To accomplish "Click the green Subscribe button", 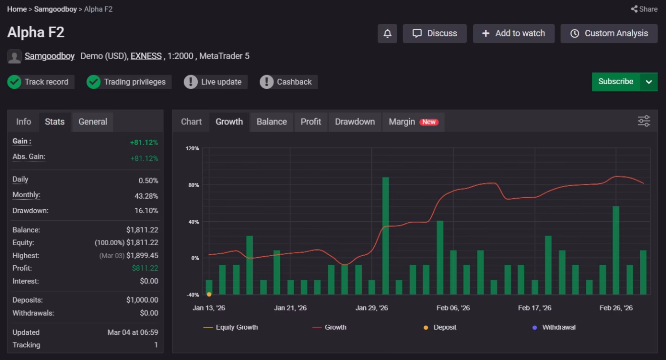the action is [616, 82].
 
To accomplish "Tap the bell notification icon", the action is [387, 34].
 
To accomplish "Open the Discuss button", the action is [434, 34].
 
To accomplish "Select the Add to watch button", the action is [514, 34].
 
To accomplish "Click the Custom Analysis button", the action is [609, 34].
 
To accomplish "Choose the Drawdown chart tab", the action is [355, 122].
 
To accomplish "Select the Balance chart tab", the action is [272, 122].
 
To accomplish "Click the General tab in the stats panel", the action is [93, 122].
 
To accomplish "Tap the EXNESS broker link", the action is [146, 56].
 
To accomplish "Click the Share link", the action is [644, 9].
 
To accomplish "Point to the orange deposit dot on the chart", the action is [209, 294].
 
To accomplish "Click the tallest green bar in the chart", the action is [385, 236].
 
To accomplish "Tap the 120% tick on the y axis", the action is [192, 149].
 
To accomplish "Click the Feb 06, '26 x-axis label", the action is [453, 308].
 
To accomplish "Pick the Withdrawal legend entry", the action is [554, 327].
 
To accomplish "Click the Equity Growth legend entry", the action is [231, 327].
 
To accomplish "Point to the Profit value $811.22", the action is [145, 268].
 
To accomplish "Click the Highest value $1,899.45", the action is [142, 256].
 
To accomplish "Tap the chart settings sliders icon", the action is [644, 121].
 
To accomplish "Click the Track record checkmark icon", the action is [14, 82].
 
